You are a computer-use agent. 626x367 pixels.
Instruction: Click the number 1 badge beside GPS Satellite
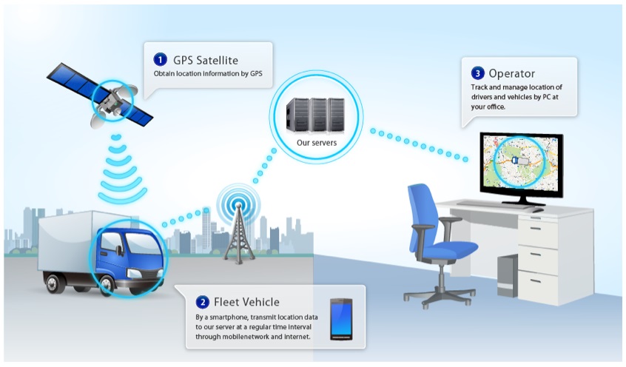(x=160, y=60)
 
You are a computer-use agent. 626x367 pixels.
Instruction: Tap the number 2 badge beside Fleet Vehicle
(x=203, y=302)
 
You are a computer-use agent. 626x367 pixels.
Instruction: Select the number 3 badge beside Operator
(x=477, y=73)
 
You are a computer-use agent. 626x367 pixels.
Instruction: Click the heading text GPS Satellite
(x=206, y=60)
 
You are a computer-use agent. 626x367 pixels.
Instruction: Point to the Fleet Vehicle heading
(x=246, y=302)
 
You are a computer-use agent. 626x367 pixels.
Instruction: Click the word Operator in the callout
(x=512, y=74)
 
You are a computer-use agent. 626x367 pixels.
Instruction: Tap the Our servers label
(x=317, y=143)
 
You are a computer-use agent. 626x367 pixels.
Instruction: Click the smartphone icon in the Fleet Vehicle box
(x=341, y=319)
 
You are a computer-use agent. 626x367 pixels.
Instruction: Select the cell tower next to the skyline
(x=238, y=233)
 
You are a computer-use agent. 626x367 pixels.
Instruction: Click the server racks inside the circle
(x=315, y=116)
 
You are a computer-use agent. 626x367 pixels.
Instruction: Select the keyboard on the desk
(x=492, y=204)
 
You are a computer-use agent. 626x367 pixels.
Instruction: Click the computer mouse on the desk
(x=536, y=209)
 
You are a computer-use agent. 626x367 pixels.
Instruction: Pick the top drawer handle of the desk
(x=536, y=229)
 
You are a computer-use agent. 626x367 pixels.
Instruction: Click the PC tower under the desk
(x=508, y=275)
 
